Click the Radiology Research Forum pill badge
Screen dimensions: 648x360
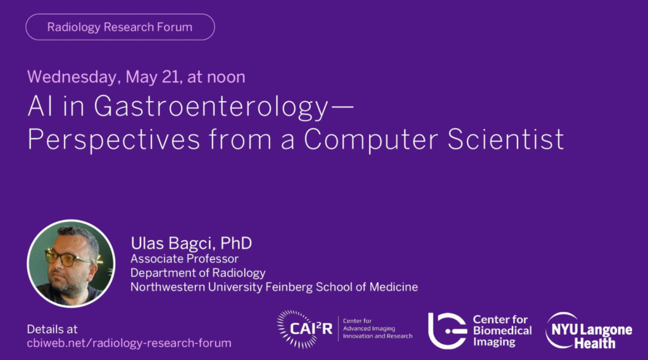pos(120,27)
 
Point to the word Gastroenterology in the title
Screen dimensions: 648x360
pos(211,108)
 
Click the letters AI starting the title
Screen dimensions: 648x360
pos(41,106)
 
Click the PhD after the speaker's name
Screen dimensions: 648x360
pos(236,243)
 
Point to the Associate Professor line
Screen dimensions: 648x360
pos(184,259)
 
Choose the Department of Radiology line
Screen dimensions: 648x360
pos(198,273)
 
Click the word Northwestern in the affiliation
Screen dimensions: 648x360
pos(167,287)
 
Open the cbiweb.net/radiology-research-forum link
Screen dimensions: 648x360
pos(129,343)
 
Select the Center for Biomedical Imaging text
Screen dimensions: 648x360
pos(502,331)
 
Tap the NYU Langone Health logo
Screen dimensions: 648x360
pos(589,331)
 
